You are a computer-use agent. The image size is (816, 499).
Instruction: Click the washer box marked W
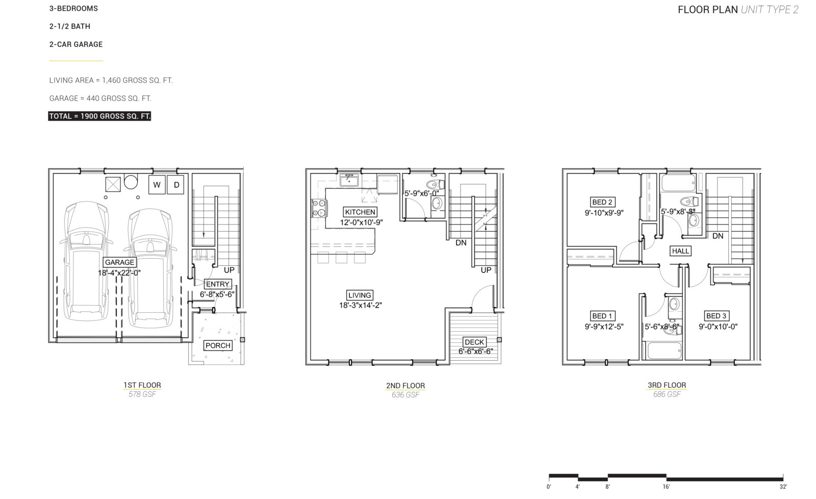click(157, 184)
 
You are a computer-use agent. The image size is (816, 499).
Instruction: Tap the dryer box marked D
click(175, 184)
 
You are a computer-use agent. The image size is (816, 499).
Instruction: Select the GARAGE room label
click(119, 262)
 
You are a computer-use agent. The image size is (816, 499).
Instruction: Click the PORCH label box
click(218, 345)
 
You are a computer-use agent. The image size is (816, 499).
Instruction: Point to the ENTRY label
click(218, 284)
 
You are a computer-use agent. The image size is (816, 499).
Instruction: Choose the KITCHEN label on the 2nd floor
click(360, 212)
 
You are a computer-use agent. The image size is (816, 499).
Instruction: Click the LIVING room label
click(360, 295)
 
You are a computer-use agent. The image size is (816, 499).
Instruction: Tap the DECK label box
click(475, 342)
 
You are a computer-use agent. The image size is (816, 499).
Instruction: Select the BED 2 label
click(602, 202)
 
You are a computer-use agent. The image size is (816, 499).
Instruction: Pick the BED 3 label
click(716, 316)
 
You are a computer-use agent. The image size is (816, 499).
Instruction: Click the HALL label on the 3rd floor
click(680, 251)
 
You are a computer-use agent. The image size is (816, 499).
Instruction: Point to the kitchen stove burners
click(319, 208)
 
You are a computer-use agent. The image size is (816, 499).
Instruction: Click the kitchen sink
click(349, 180)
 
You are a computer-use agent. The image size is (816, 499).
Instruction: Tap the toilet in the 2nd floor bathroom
click(436, 184)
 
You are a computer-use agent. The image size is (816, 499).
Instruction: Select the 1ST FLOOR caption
click(142, 385)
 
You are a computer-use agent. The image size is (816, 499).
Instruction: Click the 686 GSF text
click(667, 394)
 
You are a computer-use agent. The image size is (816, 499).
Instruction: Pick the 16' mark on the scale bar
click(666, 487)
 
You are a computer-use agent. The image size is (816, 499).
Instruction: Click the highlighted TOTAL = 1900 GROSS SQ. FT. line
click(99, 116)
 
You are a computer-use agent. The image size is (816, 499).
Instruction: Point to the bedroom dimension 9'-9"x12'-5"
click(604, 327)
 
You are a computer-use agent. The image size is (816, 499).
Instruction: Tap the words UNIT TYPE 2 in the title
click(770, 10)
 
